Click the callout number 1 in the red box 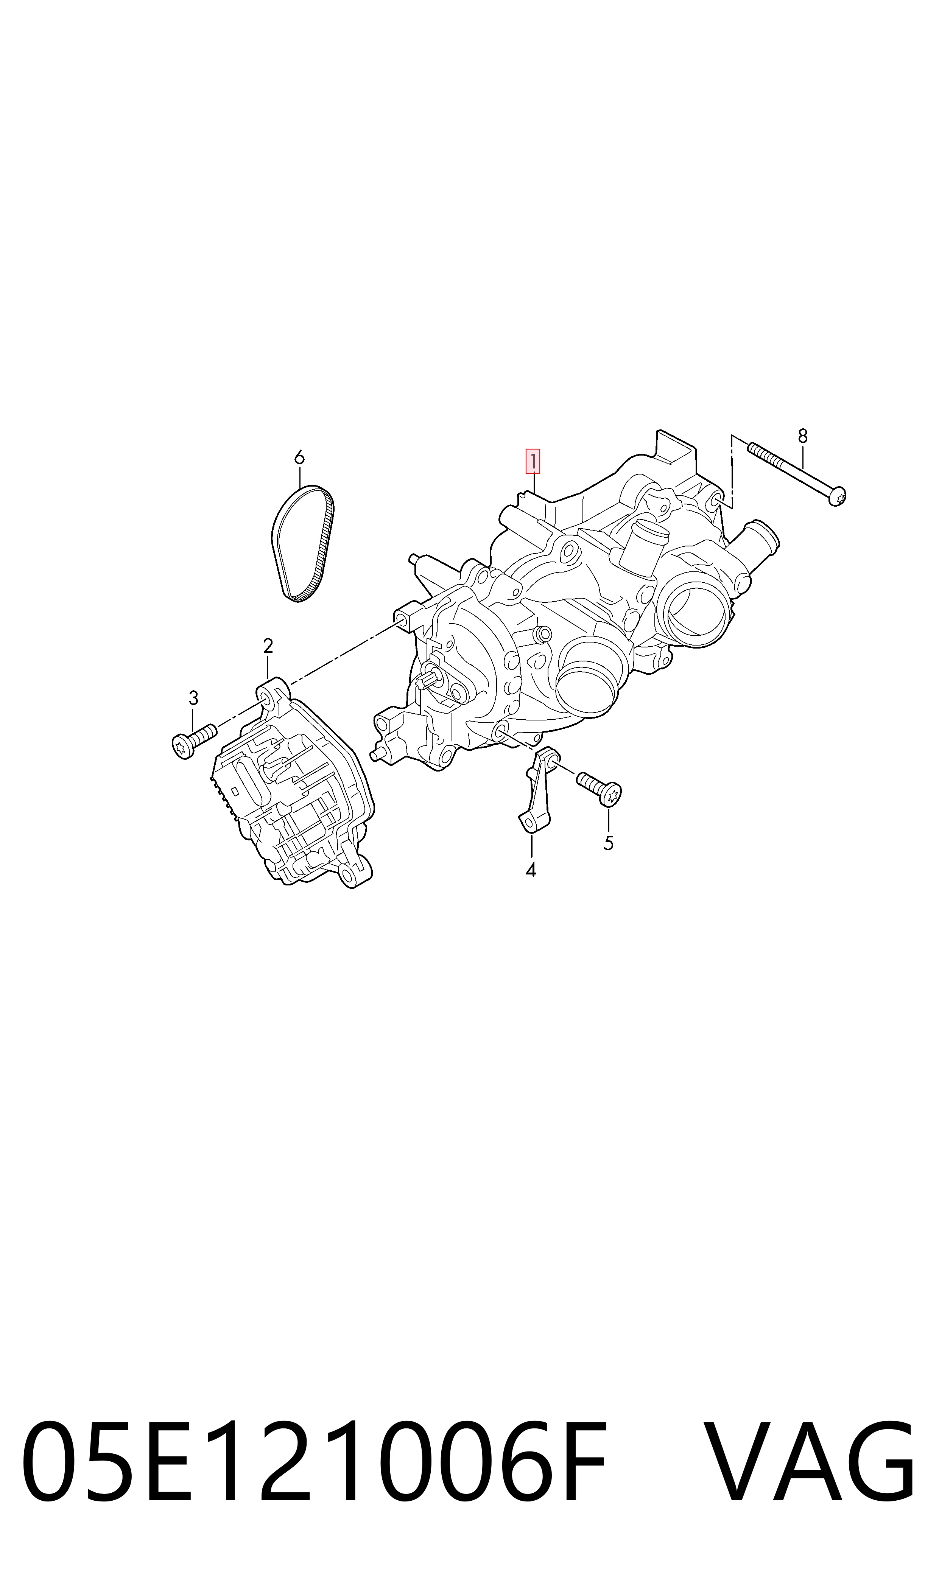[533, 462]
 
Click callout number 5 [609, 843]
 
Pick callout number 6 [299, 457]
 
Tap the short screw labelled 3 [194, 741]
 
